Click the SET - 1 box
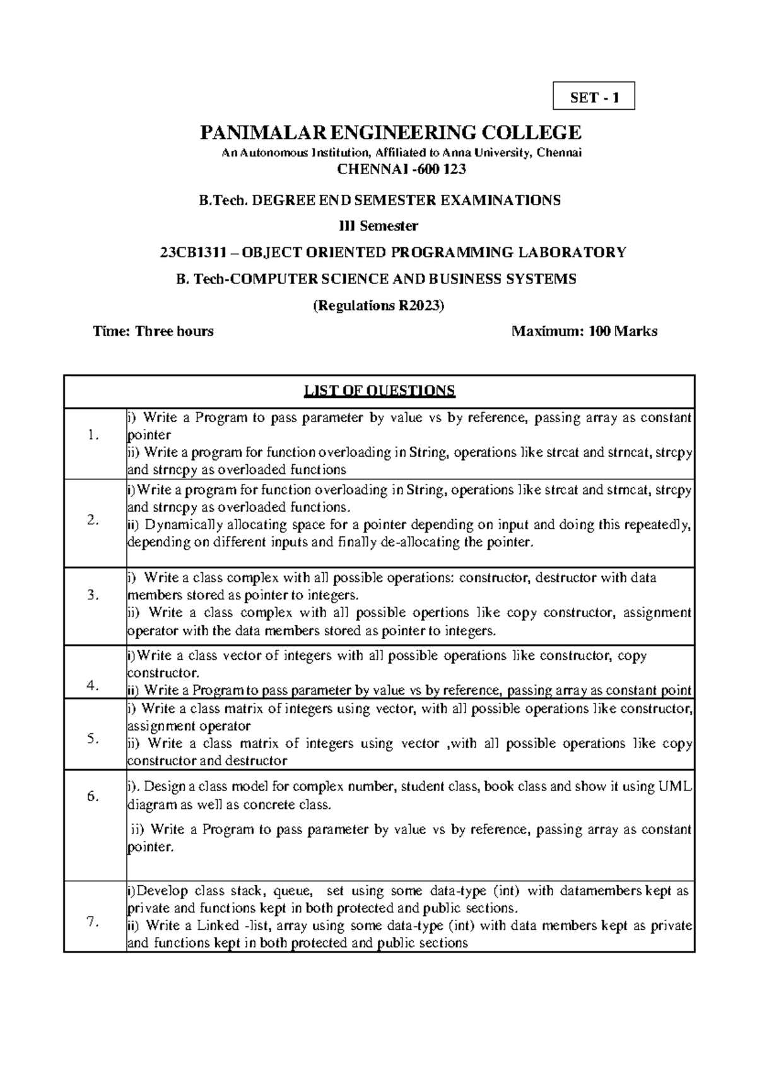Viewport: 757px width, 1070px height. [594, 97]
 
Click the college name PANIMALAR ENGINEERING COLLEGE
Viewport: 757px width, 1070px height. [390, 132]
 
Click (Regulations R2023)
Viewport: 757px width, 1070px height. [379, 305]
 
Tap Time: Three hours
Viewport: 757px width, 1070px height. [153, 331]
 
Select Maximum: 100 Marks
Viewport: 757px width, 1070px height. [585, 331]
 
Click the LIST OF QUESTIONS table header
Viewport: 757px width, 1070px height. [379, 391]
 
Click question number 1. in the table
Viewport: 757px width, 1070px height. [94, 435]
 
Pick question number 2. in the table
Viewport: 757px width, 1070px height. [94, 520]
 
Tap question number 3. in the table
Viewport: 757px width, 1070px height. [94, 595]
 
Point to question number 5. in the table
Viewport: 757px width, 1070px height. [94, 739]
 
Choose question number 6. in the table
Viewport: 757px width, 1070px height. [94, 796]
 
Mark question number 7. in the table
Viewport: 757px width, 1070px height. [94, 922]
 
